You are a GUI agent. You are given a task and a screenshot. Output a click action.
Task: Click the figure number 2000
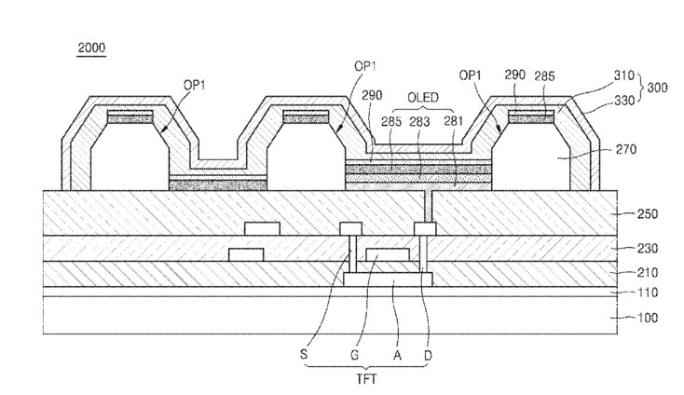[x=91, y=48]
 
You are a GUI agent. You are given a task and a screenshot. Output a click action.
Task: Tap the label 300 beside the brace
[x=657, y=88]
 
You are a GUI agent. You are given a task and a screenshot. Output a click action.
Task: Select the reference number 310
[x=623, y=75]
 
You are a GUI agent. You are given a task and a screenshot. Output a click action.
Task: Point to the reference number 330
[x=624, y=101]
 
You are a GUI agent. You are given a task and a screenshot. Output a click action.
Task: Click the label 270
[x=626, y=150]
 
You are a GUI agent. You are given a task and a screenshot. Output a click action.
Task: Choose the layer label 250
[x=648, y=214]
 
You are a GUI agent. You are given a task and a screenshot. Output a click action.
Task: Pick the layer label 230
[x=648, y=249]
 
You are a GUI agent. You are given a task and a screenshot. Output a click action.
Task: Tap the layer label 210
[x=648, y=273]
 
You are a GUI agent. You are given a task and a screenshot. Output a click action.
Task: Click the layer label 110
[x=648, y=293]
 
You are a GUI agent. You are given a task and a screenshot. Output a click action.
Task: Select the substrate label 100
[x=648, y=318]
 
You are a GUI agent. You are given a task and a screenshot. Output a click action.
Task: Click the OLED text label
[x=423, y=97]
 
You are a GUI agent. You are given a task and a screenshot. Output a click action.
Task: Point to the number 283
[x=419, y=122]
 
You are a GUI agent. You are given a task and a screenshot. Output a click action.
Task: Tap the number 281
[x=453, y=121]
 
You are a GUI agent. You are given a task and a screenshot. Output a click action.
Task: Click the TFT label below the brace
[x=366, y=379]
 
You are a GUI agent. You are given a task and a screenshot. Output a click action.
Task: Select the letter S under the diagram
[x=304, y=354]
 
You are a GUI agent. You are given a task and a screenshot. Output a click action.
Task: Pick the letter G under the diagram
[x=355, y=355]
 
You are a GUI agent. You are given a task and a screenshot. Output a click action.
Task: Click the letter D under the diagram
[x=428, y=355]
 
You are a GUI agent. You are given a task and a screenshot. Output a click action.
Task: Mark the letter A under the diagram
[x=397, y=356]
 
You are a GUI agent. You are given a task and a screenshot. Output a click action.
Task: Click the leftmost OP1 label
[x=194, y=85]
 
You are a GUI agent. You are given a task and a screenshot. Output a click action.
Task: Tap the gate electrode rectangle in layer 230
[x=388, y=254]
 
